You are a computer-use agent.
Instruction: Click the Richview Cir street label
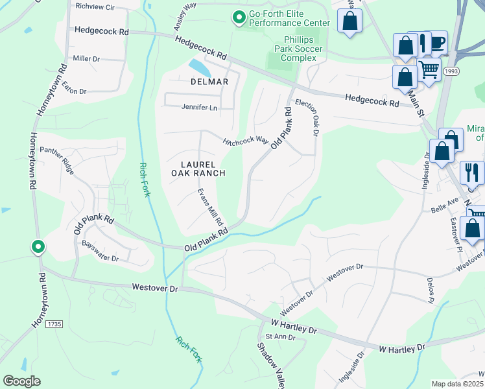tap(95, 6)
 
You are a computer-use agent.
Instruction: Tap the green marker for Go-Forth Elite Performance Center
tap(239, 18)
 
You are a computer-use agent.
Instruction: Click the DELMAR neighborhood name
tap(209, 82)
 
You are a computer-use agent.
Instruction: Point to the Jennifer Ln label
tap(199, 108)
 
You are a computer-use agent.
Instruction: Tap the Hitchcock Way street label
tap(246, 141)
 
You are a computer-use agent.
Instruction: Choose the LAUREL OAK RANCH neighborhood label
tap(198, 169)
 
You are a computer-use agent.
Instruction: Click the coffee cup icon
tap(438, 42)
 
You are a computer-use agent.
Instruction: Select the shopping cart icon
tap(429, 69)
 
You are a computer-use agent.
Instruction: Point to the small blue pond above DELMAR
tap(199, 67)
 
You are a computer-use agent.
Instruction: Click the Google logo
tap(21, 381)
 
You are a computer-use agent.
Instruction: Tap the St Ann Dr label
tap(281, 337)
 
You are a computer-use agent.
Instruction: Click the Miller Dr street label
tap(86, 58)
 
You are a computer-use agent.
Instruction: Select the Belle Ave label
tap(445, 210)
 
